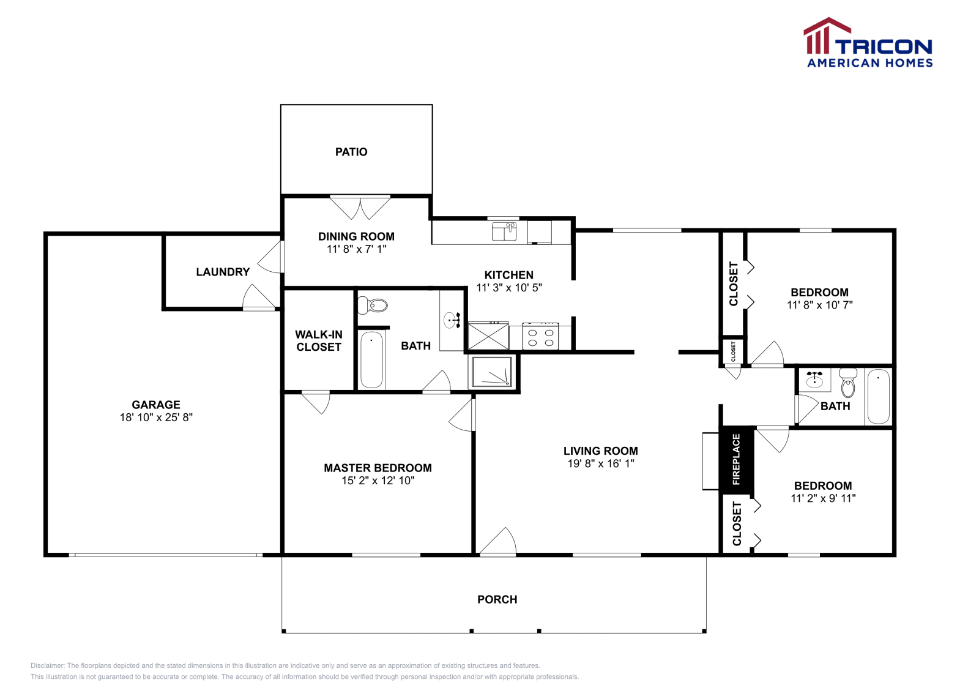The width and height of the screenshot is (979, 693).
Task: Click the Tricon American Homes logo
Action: (x=868, y=43)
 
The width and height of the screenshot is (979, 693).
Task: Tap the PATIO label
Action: (x=351, y=152)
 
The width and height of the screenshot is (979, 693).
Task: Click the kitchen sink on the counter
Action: (x=504, y=231)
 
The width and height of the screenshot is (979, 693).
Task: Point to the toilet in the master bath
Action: (x=373, y=305)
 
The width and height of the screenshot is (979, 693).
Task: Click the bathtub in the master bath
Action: (x=371, y=359)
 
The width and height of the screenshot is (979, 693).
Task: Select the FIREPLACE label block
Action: (x=736, y=459)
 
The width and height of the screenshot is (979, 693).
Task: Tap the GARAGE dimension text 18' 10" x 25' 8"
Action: (x=156, y=418)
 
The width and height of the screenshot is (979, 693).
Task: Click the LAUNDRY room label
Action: (x=223, y=272)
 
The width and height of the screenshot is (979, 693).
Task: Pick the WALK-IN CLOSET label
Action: (x=319, y=340)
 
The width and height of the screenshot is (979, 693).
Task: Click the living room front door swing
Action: (x=498, y=541)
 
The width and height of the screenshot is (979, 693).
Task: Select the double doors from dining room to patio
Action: (x=360, y=208)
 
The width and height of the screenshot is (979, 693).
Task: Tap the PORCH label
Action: (x=497, y=599)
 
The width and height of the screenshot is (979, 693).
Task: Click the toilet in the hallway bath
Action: (x=847, y=383)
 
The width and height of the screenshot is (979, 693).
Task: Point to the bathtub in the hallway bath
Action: (x=879, y=396)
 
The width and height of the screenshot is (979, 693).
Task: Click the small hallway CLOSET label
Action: (x=733, y=351)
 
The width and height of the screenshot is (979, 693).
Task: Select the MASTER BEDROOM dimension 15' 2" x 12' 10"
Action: (x=378, y=481)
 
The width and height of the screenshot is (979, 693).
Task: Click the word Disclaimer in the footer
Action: (x=47, y=665)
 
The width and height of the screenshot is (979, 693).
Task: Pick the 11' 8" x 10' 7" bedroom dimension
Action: (x=819, y=305)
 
